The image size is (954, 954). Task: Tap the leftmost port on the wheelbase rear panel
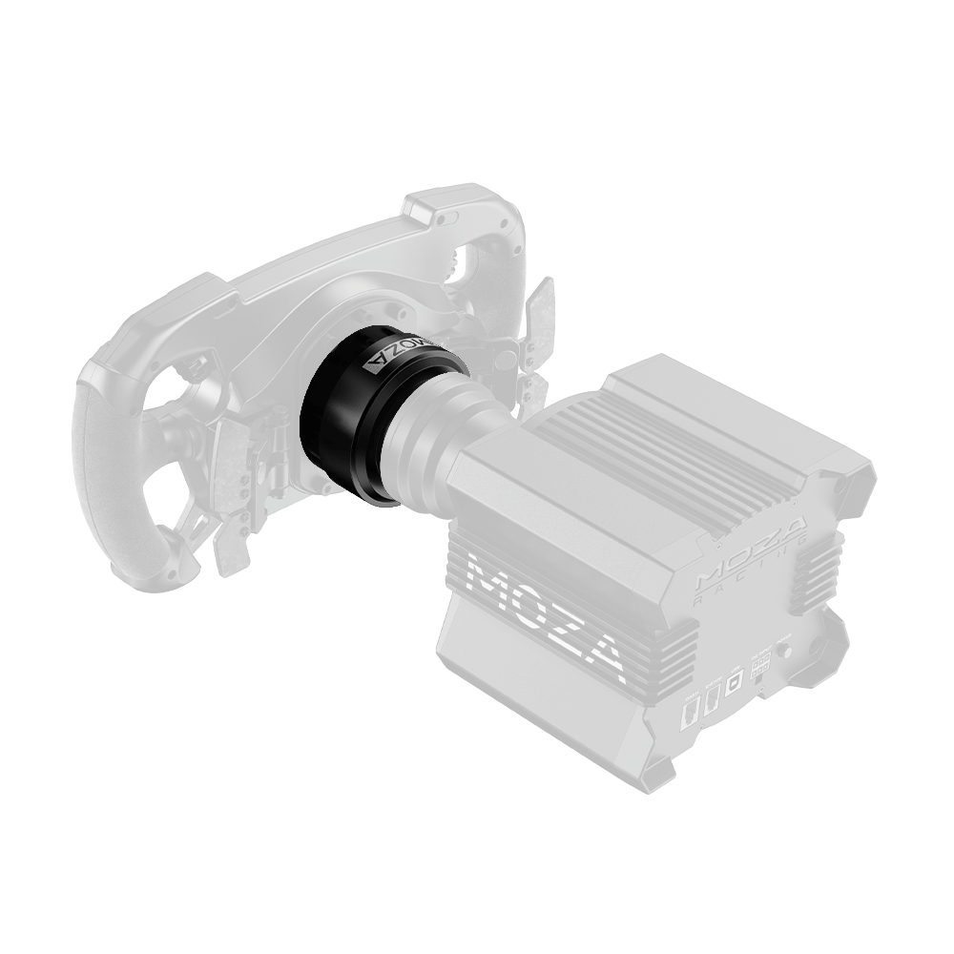click(690, 711)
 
